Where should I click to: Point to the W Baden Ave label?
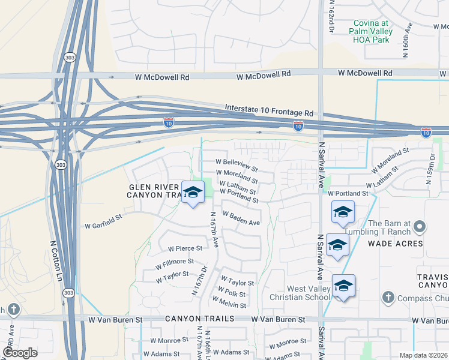pyautogui.click(x=241, y=218)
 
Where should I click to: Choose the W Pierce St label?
pyautogui.click(x=185, y=248)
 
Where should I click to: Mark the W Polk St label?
pyautogui.click(x=232, y=294)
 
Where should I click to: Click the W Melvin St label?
pyautogui.click(x=229, y=305)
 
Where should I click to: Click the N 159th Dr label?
pyautogui.click(x=432, y=163)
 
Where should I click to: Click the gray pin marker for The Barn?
pyautogui.click(x=420, y=227)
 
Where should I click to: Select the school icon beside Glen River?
pyautogui.click(x=193, y=192)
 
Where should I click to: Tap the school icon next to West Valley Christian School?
pyautogui.click(x=343, y=286)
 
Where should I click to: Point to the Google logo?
pyautogui.click(x=20, y=353)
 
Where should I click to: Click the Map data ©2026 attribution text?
pyautogui.click(x=423, y=355)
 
